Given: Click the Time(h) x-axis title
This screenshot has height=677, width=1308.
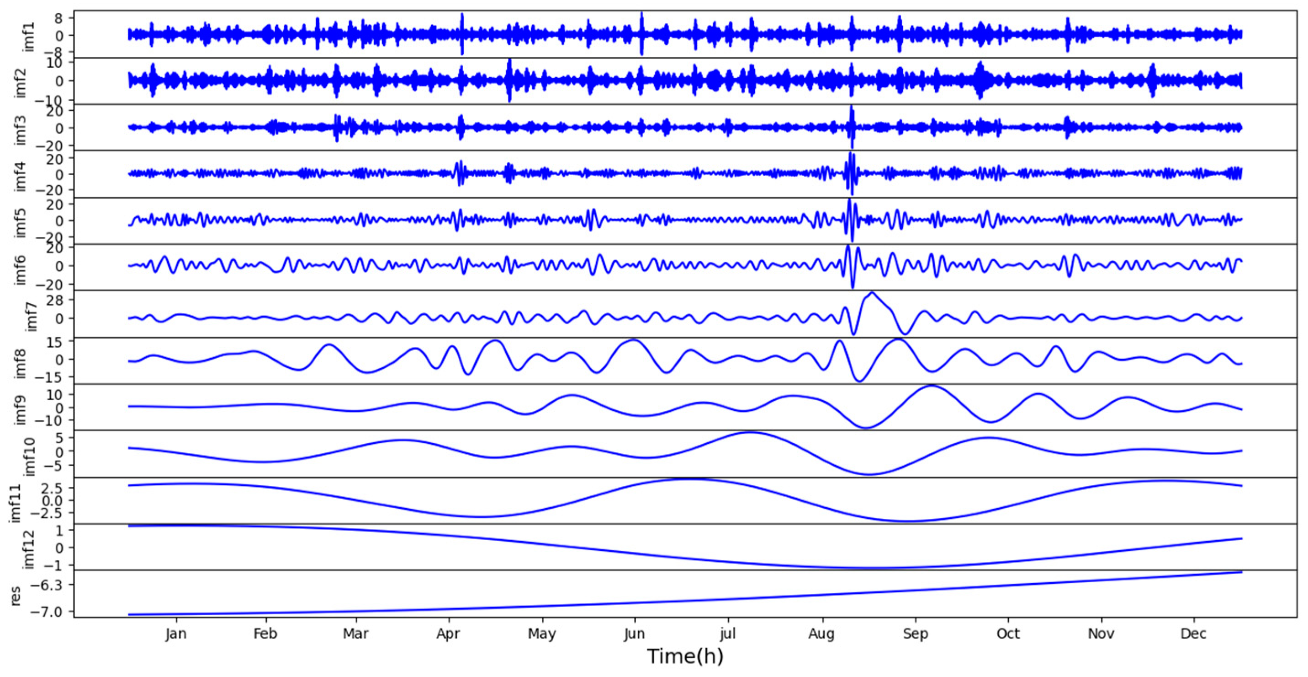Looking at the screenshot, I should pyautogui.click(x=684, y=656).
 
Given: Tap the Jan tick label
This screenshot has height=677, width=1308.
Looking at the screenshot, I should pyautogui.click(x=176, y=634).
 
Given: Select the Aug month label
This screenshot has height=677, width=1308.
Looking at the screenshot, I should pyautogui.click(x=821, y=634).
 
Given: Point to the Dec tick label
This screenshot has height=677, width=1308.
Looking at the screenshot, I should pyautogui.click(x=1193, y=634).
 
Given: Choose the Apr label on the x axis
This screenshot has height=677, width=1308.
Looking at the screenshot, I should pyautogui.click(x=448, y=634).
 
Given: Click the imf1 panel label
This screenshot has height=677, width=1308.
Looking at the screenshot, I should pyautogui.click(x=29, y=36).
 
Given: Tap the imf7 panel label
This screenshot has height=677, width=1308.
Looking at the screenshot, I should pyautogui.click(x=31, y=316).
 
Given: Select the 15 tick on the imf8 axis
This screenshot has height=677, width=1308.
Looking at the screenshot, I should pyautogui.click(x=55, y=342).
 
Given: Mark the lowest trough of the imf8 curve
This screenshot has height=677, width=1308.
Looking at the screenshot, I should pyautogui.click(x=860, y=381).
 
